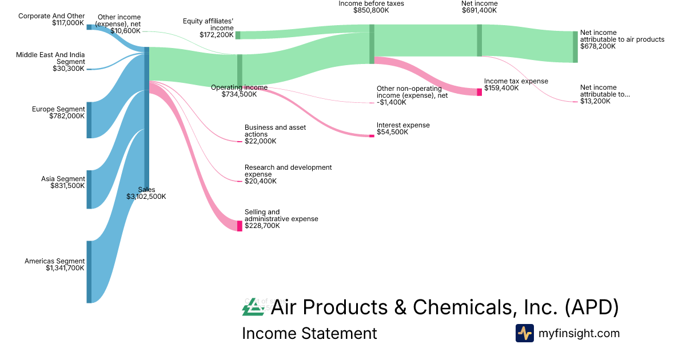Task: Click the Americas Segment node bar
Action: (x=89, y=271)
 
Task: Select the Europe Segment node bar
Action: (x=89, y=120)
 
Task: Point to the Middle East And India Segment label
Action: (x=50, y=58)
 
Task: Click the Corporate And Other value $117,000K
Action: (x=67, y=23)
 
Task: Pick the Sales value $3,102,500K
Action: (x=146, y=197)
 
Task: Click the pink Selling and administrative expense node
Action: (x=240, y=226)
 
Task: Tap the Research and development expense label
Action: (x=288, y=171)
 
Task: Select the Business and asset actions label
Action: (x=275, y=131)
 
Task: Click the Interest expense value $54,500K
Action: (x=392, y=132)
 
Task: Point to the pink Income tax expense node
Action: (x=479, y=92)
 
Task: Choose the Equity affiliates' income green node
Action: (x=238, y=35)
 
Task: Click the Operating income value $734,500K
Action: (x=239, y=94)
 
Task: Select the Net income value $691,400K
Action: (x=479, y=10)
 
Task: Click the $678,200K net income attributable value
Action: (x=597, y=47)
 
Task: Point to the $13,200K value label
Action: (x=595, y=101)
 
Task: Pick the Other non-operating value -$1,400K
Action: (x=391, y=102)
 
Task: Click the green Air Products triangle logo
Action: (x=253, y=309)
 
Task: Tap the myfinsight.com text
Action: (x=579, y=333)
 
